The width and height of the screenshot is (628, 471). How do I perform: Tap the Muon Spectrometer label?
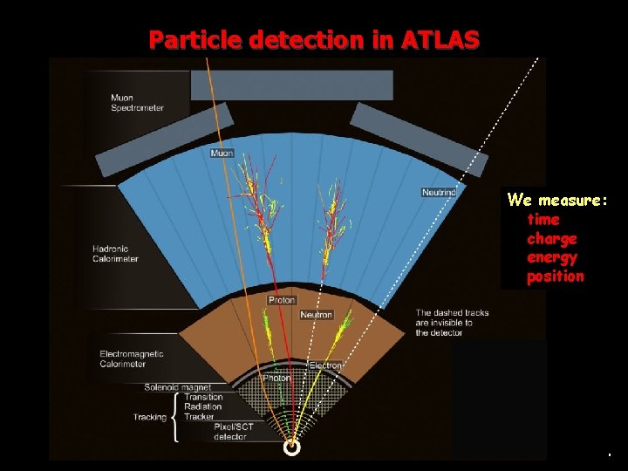pyautogui.click(x=137, y=103)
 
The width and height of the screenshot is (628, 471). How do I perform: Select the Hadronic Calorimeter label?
pyautogui.click(x=116, y=254)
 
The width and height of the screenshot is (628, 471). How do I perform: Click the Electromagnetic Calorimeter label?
pyautogui.click(x=132, y=359)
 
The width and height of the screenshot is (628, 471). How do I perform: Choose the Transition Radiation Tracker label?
pyautogui.click(x=202, y=406)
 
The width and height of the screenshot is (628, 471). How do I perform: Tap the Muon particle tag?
pyautogui.click(x=222, y=154)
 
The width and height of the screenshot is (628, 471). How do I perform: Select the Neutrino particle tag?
pyautogui.click(x=439, y=192)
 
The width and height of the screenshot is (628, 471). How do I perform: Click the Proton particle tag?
pyautogui.click(x=282, y=300)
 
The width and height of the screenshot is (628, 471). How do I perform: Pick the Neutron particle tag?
pyautogui.click(x=316, y=314)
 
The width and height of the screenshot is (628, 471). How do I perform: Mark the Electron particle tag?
pyautogui.click(x=326, y=365)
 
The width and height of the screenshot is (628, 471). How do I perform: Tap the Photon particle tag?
pyautogui.click(x=277, y=378)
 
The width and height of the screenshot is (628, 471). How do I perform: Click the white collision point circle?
pyautogui.click(x=291, y=448)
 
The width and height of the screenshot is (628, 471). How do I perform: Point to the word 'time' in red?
pyautogui.click(x=543, y=219)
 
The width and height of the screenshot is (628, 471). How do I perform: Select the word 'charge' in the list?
pyautogui.click(x=552, y=238)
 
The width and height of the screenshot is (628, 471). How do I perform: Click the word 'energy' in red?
pyautogui.click(x=552, y=257)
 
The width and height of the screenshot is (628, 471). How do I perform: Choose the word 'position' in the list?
pyautogui.click(x=556, y=276)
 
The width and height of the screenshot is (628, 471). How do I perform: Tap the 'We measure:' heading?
pyautogui.click(x=557, y=200)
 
